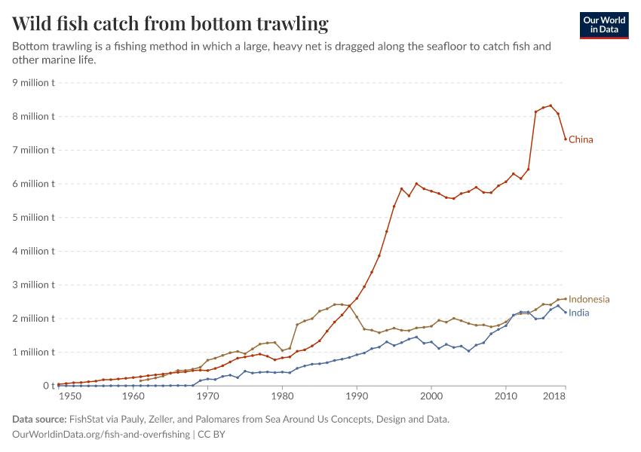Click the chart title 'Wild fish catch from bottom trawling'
click(x=170, y=24)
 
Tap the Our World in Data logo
click(x=603, y=25)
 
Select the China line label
click(x=581, y=139)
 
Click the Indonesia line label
click(x=589, y=299)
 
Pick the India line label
click(x=579, y=313)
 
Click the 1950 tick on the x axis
click(x=69, y=396)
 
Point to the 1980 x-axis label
click(x=282, y=396)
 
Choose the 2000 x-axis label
click(x=431, y=396)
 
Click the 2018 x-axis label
click(x=555, y=396)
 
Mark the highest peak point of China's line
click(x=551, y=105)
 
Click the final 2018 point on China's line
click(x=566, y=139)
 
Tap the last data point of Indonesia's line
click(x=566, y=299)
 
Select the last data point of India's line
click(x=566, y=313)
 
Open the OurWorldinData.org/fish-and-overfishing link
click(x=102, y=435)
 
